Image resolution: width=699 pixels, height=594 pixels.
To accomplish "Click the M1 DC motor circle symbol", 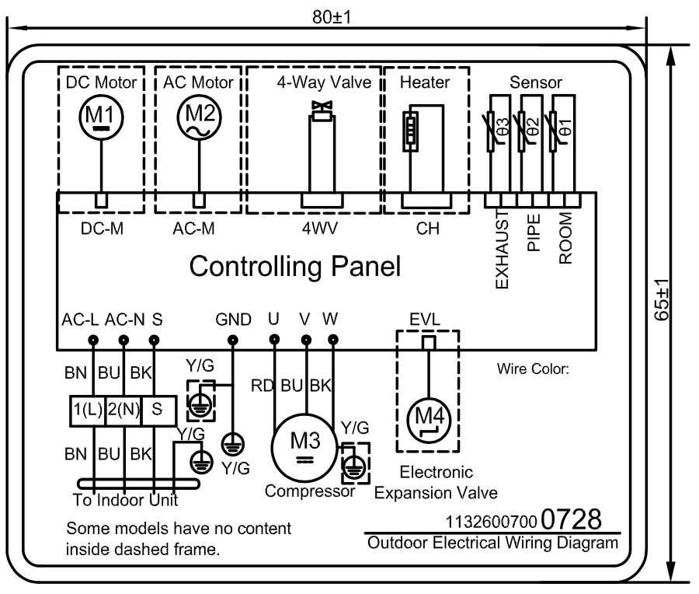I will (x=101, y=117).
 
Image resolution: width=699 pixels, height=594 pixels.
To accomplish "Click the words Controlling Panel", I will (x=295, y=267).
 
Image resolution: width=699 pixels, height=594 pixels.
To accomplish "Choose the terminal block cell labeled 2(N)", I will (x=123, y=410).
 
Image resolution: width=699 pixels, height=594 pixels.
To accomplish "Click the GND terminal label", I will (x=233, y=320).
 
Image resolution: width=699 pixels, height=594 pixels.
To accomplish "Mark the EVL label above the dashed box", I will (x=426, y=319).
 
